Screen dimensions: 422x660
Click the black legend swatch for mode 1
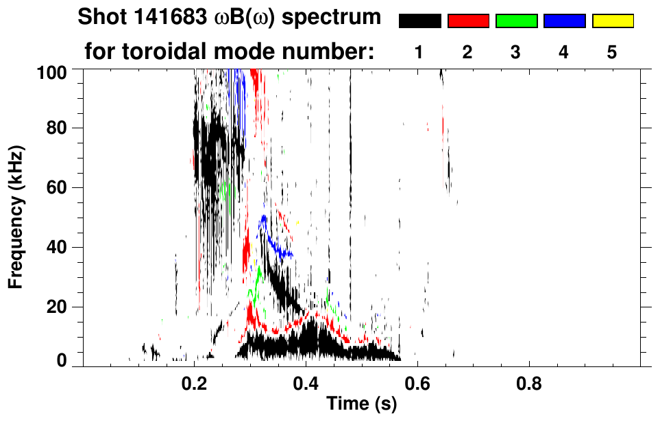pyautogui.click(x=419, y=21)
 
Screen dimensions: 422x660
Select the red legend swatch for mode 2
pyautogui.click(x=468, y=21)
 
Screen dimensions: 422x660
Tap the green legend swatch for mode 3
pyautogui.click(x=516, y=21)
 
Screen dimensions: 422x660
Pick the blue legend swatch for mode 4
pyautogui.click(x=564, y=21)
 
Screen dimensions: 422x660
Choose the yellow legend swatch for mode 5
pyautogui.click(x=612, y=21)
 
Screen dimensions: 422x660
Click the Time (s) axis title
pyautogui.click(x=361, y=405)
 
